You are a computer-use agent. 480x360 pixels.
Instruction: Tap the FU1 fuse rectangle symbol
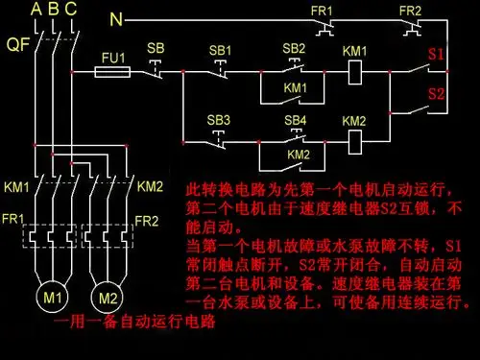(x=114, y=72)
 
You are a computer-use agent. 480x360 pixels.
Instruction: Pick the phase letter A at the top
(x=36, y=9)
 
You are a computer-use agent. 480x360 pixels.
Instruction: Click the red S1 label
(x=436, y=54)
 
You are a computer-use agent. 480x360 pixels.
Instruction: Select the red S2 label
(x=436, y=94)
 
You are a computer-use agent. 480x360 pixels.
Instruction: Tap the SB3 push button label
(x=221, y=120)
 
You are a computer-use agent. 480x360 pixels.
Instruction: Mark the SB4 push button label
(x=296, y=120)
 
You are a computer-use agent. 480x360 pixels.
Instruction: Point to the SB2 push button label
(x=295, y=48)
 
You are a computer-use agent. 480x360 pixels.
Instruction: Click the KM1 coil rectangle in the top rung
(x=354, y=72)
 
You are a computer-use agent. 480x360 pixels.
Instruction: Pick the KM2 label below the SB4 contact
(x=299, y=155)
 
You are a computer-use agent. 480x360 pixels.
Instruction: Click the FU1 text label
(x=114, y=58)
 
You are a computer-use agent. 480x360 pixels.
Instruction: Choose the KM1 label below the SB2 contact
(x=296, y=87)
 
